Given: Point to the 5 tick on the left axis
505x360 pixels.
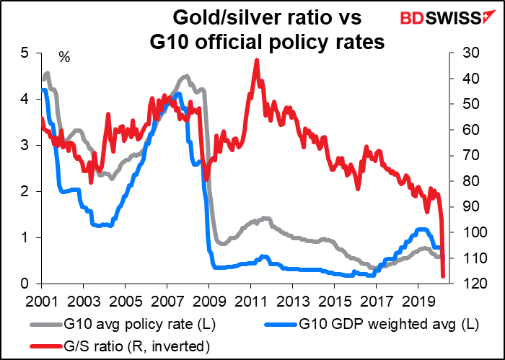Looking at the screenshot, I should pyautogui.click(x=25, y=53).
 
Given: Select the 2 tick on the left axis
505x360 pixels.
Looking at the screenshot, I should pyautogui.click(x=25, y=192).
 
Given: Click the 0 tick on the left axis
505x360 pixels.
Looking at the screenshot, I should pyautogui.click(x=25, y=284).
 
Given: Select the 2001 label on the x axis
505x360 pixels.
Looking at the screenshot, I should pyautogui.click(x=41, y=299).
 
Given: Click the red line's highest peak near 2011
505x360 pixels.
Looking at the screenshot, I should pyautogui.click(x=257, y=61).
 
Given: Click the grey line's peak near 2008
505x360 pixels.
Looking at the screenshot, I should pyautogui.click(x=187, y=76).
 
